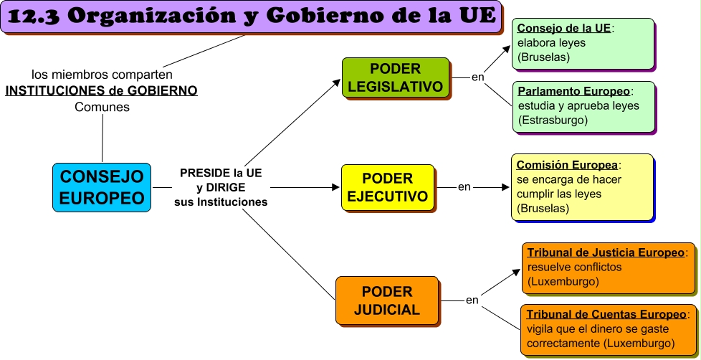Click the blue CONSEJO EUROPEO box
click(101, 187)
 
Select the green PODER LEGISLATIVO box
click(396, 77)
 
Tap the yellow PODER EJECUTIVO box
click(387, 187)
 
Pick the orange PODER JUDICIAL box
click(387, 300)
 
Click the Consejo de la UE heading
click(564, 29)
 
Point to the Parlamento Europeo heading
click(573, 92)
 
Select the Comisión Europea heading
click(567, 164)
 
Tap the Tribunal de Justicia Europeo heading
click(606, 252)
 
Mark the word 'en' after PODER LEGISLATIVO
click(477, 77)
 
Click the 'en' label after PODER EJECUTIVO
click(464, 187)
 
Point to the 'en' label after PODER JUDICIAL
click(472, 300)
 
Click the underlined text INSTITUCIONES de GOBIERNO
click(101, 91)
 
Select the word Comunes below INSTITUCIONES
click(102, 108)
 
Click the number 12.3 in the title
click(39, 17)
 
